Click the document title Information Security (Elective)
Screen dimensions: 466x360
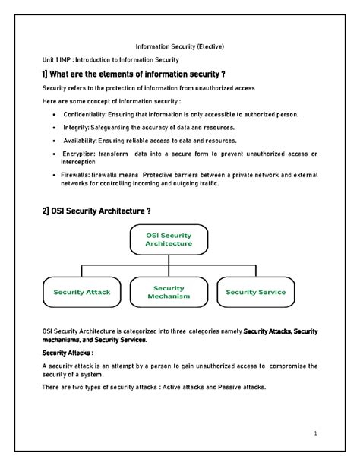(x=179, y=46)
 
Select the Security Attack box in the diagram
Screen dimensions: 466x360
(x=81, y=292)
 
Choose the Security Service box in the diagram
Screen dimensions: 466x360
(x=256, y=292)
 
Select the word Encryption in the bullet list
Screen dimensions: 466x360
(x=84, y=154)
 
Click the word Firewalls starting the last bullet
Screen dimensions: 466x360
(x=81, y=174)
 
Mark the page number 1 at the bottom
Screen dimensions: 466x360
(x=314, y=433)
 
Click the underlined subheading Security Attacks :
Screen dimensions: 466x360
(x=68, y=353)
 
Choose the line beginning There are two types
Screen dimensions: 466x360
(x=154, y=387)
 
